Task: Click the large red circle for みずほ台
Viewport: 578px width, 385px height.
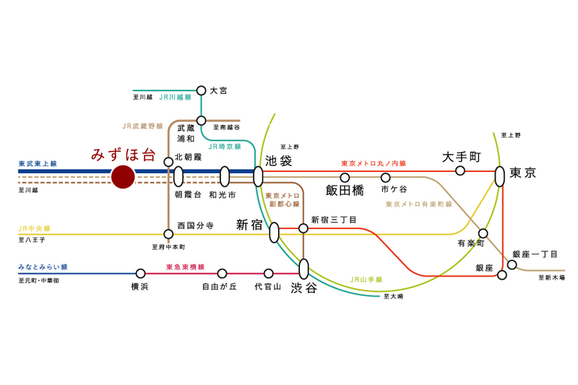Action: (123, 176)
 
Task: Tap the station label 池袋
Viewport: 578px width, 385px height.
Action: (278, 160)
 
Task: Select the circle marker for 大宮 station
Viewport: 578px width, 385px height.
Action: (202, 90)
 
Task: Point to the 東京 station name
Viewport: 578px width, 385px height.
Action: (522, 173)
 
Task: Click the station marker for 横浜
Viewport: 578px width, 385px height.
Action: (140, 273)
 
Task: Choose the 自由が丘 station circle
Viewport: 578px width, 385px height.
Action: (222, 273)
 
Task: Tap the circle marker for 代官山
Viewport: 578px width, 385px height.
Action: (269, 273)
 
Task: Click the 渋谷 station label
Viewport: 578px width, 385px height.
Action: (304, 288)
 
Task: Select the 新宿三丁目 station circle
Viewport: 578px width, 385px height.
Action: (303, 228)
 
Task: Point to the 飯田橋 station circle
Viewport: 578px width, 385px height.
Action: (345, 177)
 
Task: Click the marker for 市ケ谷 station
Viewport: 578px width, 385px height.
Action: (385, 177)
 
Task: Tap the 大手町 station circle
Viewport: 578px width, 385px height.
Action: (460, 171)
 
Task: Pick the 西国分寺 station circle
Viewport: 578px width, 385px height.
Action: (168, 234)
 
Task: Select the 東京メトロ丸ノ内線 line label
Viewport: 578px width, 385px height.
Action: (374, 163)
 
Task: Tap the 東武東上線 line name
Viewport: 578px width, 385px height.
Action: (38, 164)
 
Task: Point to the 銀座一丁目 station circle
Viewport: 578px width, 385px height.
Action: (512, 264)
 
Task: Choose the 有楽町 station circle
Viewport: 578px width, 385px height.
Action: (483, 233)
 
